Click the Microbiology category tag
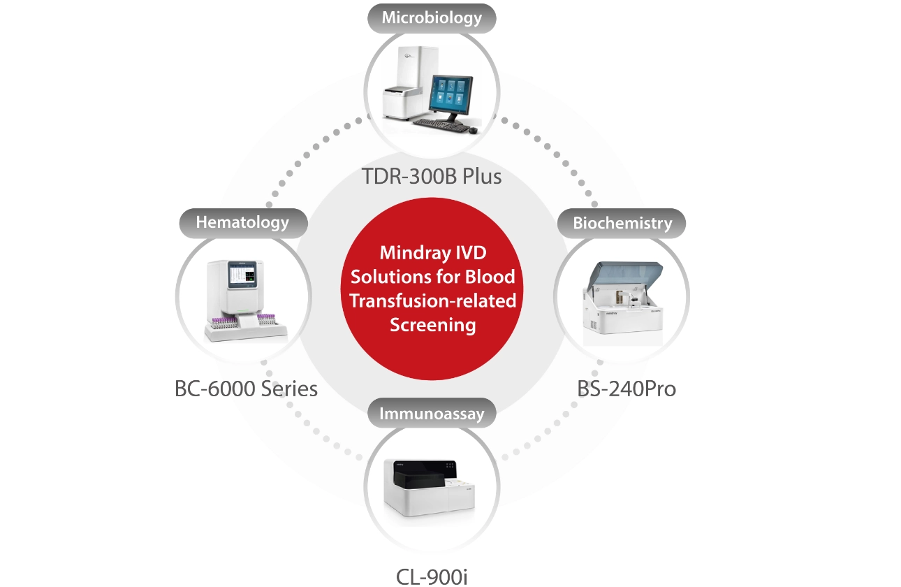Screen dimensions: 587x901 pos(432,18)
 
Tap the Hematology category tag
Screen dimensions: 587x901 pos(242,223)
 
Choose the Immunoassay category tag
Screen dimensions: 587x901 pos(432,414)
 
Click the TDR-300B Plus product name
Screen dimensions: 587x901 pos(432,176)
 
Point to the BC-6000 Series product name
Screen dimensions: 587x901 pos(246,389)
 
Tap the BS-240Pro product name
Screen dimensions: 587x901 pos(627,389)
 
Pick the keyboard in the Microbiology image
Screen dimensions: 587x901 pos(441,125)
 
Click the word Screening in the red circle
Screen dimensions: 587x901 pos(433,325)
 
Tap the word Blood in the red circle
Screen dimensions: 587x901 pos(490,277)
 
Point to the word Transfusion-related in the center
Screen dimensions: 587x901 pos(433,301)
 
